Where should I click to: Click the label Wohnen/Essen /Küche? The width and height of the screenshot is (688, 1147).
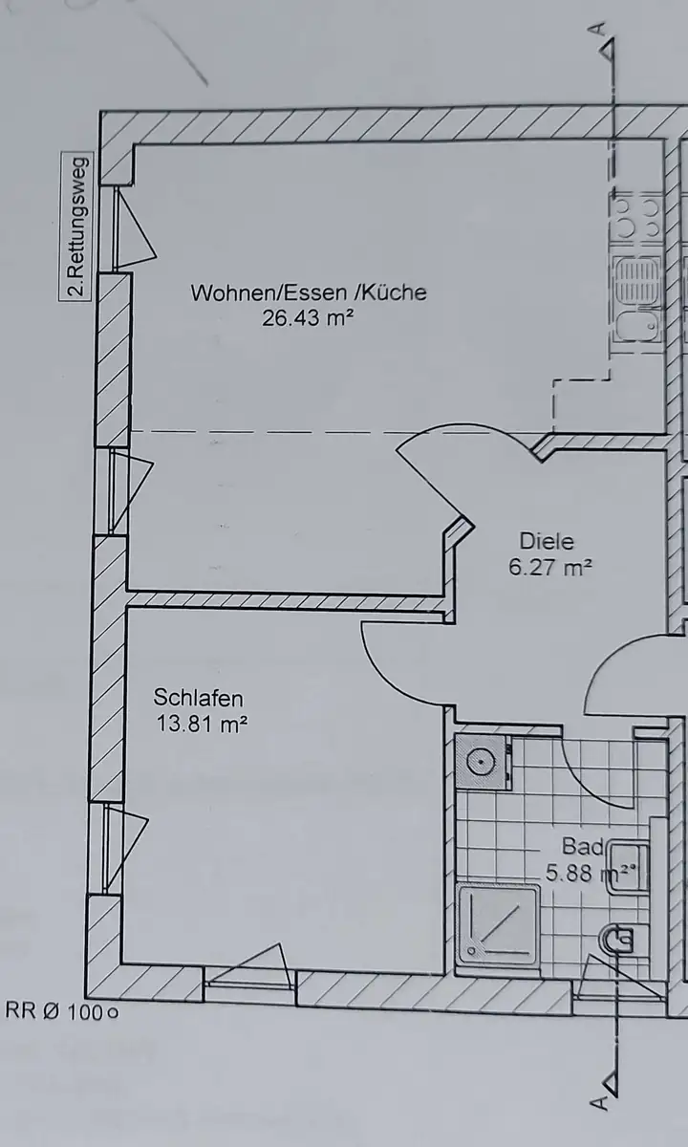tap(309, 292)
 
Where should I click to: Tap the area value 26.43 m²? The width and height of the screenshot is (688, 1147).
tap(308, 318)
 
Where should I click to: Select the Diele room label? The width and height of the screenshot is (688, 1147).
tap(547, 541)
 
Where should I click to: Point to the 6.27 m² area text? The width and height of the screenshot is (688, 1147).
tap(550, 567)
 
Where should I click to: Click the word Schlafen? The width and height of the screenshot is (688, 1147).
tap(198, 698)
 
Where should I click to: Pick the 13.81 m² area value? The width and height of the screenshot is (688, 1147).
tap(202, 725)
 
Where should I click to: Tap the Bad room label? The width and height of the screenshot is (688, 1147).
tap(583, 847)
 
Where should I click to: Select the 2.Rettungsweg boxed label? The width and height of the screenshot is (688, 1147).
tap(76, 227)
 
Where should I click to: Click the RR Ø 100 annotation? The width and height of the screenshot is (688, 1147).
tap(61, 1011)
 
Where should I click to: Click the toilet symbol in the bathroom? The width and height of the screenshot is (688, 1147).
tap(616, 941)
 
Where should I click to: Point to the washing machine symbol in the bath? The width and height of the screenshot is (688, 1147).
tap(484, 763)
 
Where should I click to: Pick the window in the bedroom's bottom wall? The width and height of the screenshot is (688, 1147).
tap(248, 977)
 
